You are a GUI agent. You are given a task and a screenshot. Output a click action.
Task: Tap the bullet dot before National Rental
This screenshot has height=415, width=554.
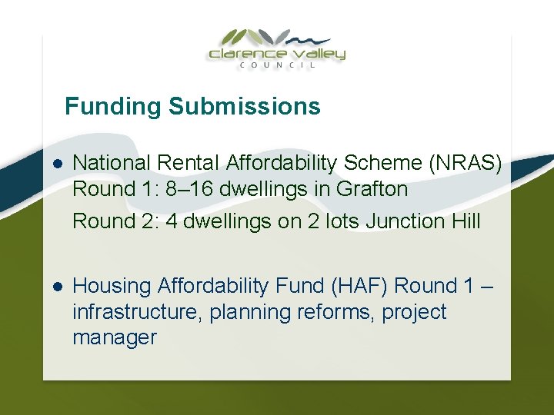tap(58, 163)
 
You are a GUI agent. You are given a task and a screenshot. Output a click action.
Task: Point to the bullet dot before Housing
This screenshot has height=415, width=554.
tap(58, 287)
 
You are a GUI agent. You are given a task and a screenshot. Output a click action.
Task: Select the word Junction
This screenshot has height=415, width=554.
tap(402, 221)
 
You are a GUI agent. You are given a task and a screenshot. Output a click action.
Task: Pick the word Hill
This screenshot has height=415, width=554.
tap(462, 221)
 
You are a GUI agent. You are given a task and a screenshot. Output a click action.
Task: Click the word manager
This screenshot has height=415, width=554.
tap(114, 337)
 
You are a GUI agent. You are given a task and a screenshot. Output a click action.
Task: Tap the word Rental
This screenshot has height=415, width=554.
tap(189, 163)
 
